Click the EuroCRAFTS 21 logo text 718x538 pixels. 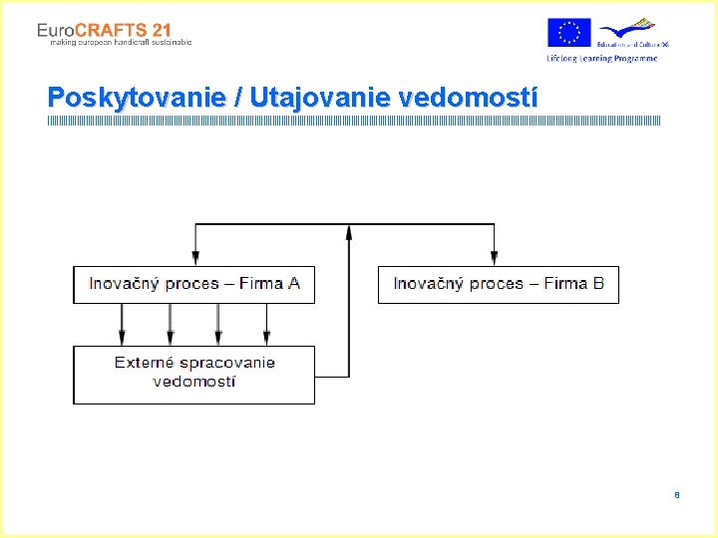click(x=104, y=31)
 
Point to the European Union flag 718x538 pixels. click(x=568, y=33)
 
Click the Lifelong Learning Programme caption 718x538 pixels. click(x=601, y=59)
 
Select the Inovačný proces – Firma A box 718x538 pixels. click(x=193, y=284)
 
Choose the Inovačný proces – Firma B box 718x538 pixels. click(x=498, y=284)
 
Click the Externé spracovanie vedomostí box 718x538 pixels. click(x=193, y=374)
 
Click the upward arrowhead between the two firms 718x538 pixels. click(x=349, y=232)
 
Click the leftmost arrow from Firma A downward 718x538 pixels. click(x=122, y=324)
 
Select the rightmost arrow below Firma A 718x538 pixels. click(x=266, y=324)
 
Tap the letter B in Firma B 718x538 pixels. click(x=598, y=284)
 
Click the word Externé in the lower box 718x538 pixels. click(x=147, y=363)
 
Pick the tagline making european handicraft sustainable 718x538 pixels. click(x=114, y=43)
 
